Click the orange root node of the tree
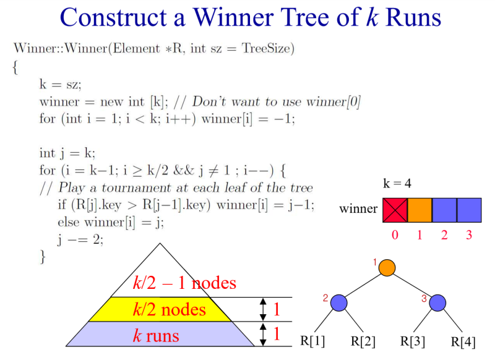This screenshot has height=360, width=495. [x=387, y=268]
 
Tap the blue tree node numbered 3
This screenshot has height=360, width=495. [x=437, y=302]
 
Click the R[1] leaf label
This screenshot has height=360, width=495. [x=312, y=341]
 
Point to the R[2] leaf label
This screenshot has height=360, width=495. [x=364, y=341]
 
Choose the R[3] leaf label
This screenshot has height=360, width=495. [x=413, y=341]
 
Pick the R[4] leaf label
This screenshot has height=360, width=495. [x=463, y=341]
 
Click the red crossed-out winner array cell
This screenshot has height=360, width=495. [x=395, y=210]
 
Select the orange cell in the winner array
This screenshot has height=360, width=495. [x=420, y=210]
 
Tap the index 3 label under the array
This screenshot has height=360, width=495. [x=469, y=235]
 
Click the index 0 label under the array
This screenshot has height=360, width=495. [x=395, y=235]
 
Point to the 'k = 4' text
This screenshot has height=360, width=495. [x=397, y=184]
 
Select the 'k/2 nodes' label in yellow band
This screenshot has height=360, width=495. [x=169, y=309]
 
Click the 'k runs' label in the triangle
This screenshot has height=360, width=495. [x=155, y=335]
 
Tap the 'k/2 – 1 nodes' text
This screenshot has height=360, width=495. [x=184, y=283]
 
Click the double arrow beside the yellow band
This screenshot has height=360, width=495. [x=263, y=309]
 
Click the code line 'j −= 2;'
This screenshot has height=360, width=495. [x=80, y=239]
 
